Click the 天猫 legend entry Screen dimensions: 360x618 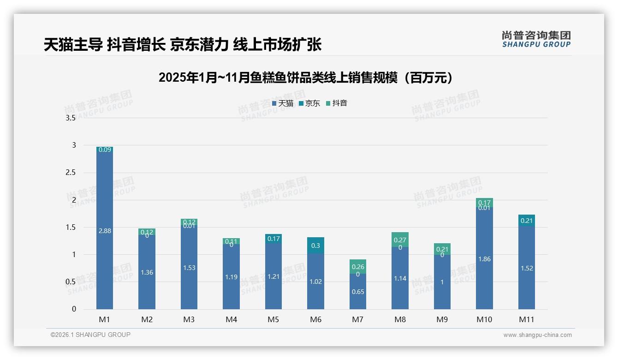pos(283,103)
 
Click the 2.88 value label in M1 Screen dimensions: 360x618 pos(105,231)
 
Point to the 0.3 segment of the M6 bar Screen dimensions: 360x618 pos(315,246)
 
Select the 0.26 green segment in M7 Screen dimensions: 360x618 pos(358,266)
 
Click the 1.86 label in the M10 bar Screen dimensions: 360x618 pos(484,259)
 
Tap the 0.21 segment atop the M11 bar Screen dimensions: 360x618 pos(526,221)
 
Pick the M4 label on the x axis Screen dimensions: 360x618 pos(231,319)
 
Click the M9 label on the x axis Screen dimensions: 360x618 pos(442,319)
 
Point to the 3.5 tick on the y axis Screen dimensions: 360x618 pos(70,118)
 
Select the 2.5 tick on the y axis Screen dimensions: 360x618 pos(70,173)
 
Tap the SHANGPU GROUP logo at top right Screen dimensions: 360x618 pos(536,39)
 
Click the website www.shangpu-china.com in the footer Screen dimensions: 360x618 pos(537,335)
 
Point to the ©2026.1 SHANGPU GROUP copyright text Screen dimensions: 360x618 pos(90,335)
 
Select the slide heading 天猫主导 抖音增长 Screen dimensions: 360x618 pos(182,44)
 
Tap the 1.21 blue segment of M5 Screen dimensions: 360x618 pos(273,276)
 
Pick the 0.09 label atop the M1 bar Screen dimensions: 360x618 pos(105,150)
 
